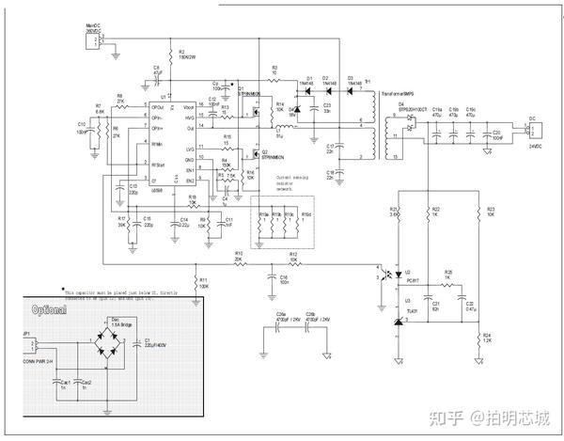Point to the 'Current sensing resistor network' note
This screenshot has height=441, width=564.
(x=291, y=182)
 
